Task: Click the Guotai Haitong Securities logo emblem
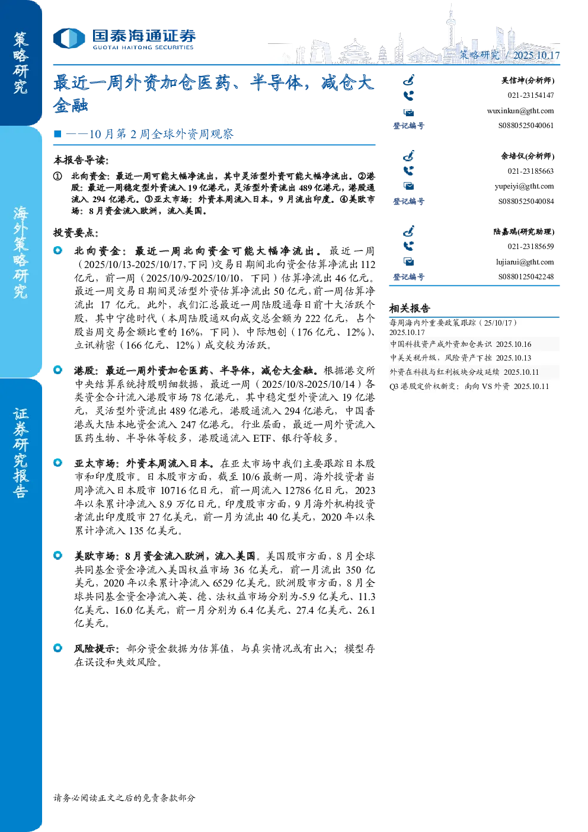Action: [x=69, y=38]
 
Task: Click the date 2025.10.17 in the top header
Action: [x=536, y=55]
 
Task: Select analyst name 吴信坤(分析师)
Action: [x=528, y=81]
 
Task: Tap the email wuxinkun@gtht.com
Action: [x=520, y=111]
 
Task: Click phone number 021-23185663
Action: [x=531, y=171]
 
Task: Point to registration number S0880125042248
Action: [x=526, y=277]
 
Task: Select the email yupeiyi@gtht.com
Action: [x=524, y=186]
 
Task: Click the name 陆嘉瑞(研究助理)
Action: [x=523, y=232]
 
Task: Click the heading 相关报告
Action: [x=410, y=308]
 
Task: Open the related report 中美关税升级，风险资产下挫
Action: [x=440, y=358]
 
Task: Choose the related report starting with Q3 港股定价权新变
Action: [x=469, y=386]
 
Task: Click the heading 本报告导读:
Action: [x=81, y=160]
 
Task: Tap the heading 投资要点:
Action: [x=76, y=233]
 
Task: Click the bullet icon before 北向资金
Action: [x=58, y=251]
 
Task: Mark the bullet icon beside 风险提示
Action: [x=58, y=648]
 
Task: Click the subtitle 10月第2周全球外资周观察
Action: [x=161, y=133]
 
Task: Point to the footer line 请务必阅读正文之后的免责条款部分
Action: [x=124, y=798]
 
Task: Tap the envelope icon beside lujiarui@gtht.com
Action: [x=408, y=262]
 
